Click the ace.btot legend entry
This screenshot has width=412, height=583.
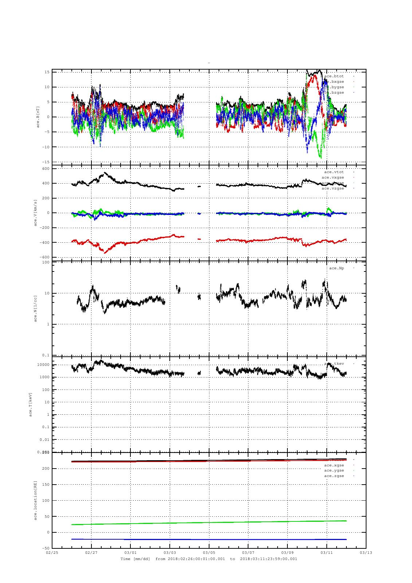[334, 76]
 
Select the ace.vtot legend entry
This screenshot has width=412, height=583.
[334, 172]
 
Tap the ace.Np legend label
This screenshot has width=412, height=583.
[336, 268]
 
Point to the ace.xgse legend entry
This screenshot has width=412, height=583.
[334, 465]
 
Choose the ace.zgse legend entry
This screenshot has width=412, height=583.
[334, 476]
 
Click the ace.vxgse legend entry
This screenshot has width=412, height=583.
[333, 177]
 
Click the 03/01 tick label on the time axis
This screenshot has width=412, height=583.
[130, 552]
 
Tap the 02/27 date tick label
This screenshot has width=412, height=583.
[91, 552]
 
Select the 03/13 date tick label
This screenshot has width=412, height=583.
[366, 552]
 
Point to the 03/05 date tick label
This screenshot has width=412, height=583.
[209, 552]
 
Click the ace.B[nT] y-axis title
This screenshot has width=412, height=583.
[38, 117]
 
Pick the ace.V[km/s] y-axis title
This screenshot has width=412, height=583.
[36, 213]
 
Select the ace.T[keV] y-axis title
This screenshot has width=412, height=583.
[31, 404]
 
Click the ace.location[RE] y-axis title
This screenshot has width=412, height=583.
[36, 500]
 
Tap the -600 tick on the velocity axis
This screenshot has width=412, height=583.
[44, 258]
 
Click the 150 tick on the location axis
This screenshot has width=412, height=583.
[46, 485]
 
